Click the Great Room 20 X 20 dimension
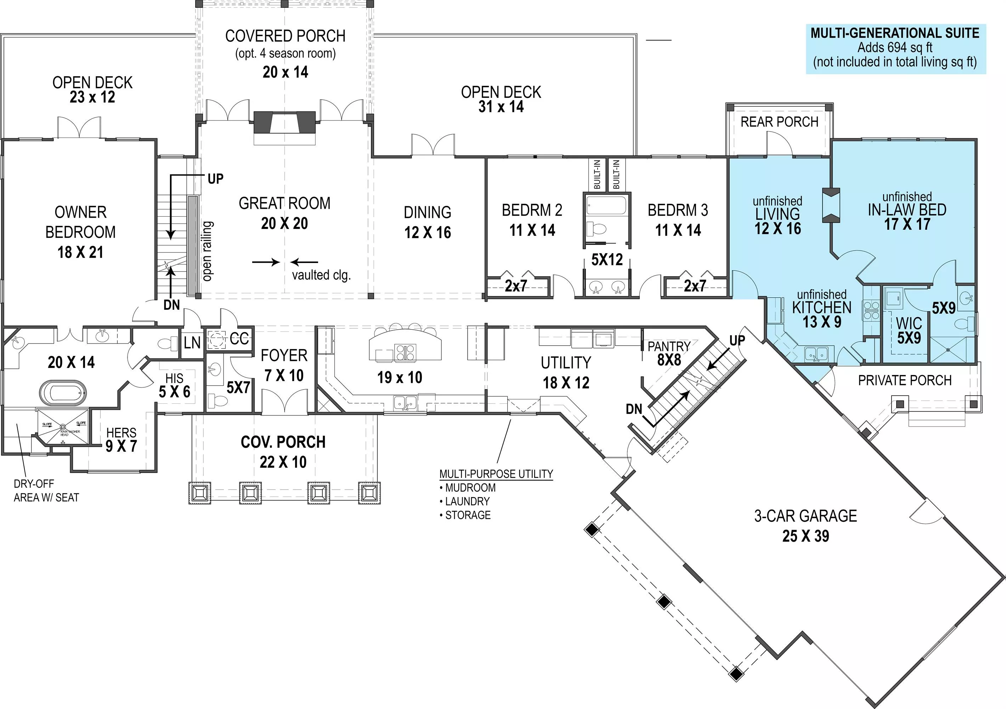pyautogui.click(x=284, y=224)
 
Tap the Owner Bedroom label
pyautogui.click(x=81, y=222)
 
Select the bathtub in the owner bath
pyautogui.click(x=63, y=392)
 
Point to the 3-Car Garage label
pyautogui.click(x=805, y=516)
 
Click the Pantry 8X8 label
pyautogui.click(x=669, y=353)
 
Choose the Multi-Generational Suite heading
pyautogui.click(x=895, y=33)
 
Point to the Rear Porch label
pyautogui.click(x=779, y=122)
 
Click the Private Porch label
pyautogui.click(x=904, y=380)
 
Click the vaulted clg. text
pyautogui.click(x=321, y=275)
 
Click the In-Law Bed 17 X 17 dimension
pyautogui.click(x=906, y=224)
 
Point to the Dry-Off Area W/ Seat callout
pyautogui.click(x=46, y=491)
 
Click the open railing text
pyautogui.click(x=207, y=251)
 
